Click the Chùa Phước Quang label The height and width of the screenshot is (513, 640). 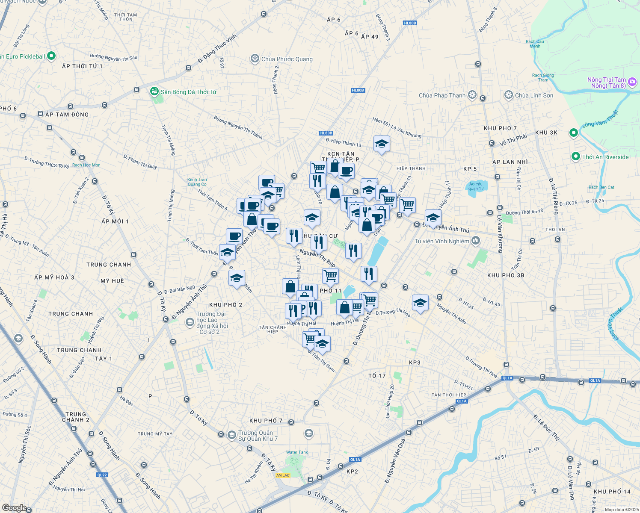point(287,59)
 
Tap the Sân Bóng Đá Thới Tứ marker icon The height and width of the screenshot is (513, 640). point(154,91)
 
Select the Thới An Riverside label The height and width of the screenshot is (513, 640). point(605,157)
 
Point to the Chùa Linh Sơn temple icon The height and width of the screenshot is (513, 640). point(509,95)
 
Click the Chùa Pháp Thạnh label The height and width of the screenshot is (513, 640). point(442,95)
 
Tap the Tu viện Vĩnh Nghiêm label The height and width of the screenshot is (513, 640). point(442,241)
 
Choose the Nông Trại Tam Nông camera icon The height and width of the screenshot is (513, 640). point(632,82)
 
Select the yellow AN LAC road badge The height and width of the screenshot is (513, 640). point(283,475)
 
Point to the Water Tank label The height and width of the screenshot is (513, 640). point(297,452)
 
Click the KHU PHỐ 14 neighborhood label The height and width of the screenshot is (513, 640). point(612,492)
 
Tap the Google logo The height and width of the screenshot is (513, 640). point(14,507)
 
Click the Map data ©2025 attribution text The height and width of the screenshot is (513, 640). point(621,510)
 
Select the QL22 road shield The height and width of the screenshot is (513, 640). point(102,475)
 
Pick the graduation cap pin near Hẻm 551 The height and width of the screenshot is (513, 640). point(382,144)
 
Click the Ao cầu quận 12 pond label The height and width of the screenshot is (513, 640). point(476,186)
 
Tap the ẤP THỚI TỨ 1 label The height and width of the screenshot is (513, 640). point(82,66)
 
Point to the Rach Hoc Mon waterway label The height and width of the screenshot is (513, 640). point(86,165)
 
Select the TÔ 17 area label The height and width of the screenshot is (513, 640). point(377,376)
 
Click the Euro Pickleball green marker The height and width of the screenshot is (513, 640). point(51,56)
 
